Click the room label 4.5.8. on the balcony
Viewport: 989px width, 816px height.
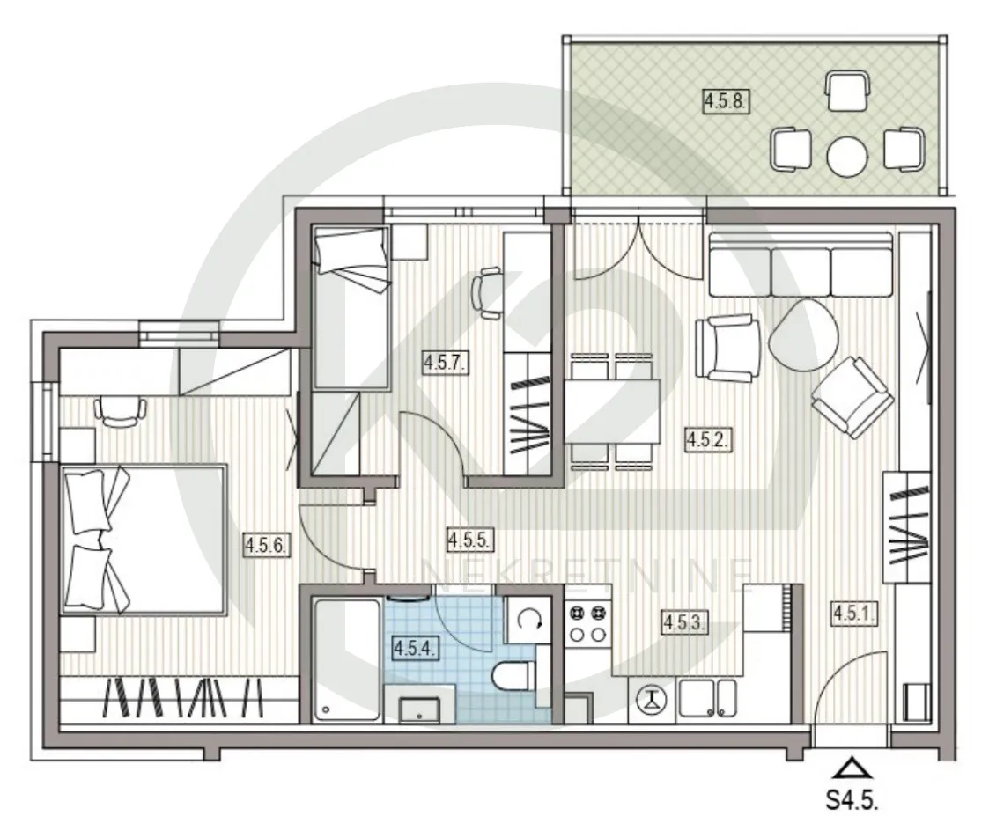coord(726,101)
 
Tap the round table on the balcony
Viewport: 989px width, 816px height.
coord(847,156)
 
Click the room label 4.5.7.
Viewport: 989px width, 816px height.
coord(446,363)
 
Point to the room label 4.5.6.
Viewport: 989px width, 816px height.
coord(267,545)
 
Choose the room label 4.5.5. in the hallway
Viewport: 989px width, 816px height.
coord(469,540)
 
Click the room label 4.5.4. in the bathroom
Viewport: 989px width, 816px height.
coord(415,648)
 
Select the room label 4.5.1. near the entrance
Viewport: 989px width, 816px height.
coord(854,613)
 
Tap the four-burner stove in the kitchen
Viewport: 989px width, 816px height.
coord(587,623)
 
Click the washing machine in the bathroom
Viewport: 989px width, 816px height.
coord(528,621)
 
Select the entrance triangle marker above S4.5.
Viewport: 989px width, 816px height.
coord(852,768)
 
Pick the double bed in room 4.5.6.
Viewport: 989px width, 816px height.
coord(144,540)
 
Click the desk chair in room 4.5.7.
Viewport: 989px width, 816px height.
coord(486,292)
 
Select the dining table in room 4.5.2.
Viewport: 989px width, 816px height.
coord(612,411)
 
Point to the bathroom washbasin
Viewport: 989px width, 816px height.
coord(421,709)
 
